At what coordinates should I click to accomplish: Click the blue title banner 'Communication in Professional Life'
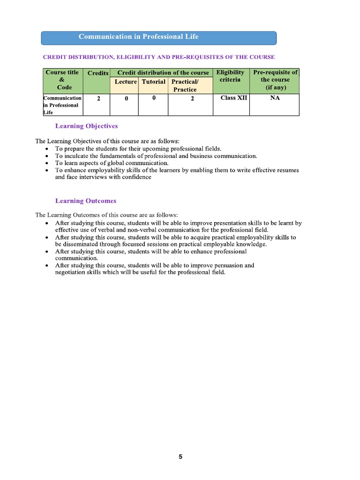tap(158, 37)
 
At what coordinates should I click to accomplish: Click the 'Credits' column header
tap(97, 73)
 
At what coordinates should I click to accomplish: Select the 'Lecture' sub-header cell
tap(125, 82)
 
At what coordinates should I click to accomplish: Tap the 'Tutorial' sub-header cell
tap(154, 82)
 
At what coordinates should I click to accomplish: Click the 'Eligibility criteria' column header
tap(230, 76)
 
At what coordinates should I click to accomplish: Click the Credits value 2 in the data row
tap(98, 99)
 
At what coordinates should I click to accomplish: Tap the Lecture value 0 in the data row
tap(126, 99)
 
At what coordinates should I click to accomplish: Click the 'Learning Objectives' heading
tap(86, 126)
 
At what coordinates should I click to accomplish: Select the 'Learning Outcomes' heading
tap(86, 201)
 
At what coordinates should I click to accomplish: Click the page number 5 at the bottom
tap(180, 457)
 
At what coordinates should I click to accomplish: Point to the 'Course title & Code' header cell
tap(61, 80)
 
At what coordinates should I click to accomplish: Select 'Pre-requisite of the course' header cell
tap(275, 80)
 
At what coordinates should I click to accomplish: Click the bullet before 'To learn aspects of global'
tap(46, 163)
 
